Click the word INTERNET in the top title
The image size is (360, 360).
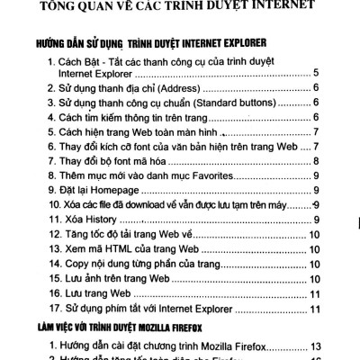273,10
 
